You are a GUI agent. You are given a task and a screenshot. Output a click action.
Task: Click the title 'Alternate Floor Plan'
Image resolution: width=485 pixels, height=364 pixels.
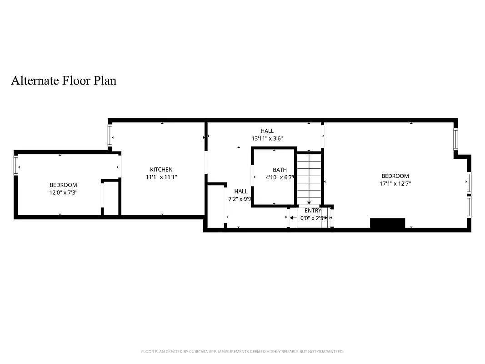[64, 81]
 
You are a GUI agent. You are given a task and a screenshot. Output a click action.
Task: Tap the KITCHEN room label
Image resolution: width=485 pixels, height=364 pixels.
[161, 170]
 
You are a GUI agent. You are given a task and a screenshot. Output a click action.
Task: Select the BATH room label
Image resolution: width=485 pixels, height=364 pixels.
[280, 170]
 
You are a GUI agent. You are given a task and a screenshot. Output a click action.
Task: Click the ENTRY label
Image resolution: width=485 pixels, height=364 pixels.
[313, 211]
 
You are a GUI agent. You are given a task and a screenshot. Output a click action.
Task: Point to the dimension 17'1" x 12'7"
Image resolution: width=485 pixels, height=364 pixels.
[395, 184]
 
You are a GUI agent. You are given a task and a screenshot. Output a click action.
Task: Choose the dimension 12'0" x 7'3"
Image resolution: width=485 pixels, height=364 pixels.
[63, 193]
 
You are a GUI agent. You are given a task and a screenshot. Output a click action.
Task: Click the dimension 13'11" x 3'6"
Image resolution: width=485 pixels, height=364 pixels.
[267, 138]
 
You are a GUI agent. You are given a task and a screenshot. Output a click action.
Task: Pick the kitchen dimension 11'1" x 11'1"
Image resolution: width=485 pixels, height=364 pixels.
[161, 177]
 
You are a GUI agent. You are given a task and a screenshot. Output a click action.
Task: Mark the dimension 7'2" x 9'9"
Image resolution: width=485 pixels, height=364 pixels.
[240, 199]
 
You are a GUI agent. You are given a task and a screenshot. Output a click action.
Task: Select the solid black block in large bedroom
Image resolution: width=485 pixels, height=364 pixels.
[387, 223]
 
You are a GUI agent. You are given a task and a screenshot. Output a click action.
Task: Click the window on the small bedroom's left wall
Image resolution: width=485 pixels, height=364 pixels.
[16, 165]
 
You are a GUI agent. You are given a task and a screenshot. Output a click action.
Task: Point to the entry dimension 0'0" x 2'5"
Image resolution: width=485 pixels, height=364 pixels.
[312, 218]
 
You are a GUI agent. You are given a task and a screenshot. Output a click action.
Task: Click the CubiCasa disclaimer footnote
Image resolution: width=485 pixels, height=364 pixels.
[242, 351]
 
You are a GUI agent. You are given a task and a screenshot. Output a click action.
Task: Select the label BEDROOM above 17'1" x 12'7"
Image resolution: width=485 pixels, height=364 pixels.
[395, 176]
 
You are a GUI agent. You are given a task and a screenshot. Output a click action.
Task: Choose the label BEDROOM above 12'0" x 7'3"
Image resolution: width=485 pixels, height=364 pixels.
[63, 185]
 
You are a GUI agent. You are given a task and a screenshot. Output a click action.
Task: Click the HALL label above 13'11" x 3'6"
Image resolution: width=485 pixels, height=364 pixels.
[267, 131]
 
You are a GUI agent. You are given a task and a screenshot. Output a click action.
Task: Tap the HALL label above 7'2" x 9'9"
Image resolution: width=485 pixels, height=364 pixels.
[241, 192]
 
